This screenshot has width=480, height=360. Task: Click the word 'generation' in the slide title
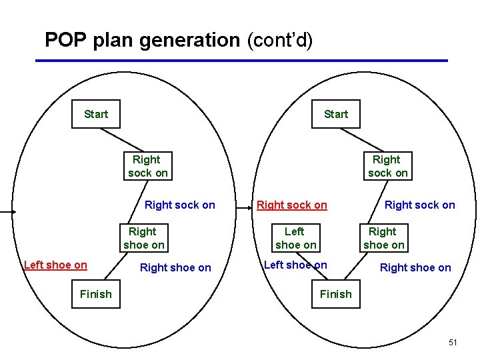tap(188, 40)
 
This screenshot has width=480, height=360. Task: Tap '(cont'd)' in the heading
tap(279, 40)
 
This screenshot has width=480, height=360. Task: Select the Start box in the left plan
tap(96, 114)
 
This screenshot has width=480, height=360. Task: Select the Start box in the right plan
tap(336, 114)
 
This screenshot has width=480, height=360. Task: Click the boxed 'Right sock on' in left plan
tap(147, 166)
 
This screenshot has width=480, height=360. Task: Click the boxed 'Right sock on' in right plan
tap(387, 166)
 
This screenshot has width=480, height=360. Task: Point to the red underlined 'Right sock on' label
tap(292, 205)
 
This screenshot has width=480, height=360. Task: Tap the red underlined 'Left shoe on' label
tap(55, 265)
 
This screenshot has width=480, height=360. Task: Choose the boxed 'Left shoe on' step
tap(295, 238)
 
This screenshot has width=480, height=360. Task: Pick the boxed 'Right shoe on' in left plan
tap(143, 238)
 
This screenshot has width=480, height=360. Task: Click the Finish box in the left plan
tap(96, 294)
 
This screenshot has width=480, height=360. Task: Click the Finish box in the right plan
tap(336, 294)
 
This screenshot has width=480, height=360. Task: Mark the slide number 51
tap(453, 342)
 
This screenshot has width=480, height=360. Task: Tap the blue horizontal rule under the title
tap(240, 61)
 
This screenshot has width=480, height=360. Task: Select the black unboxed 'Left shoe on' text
tap(295, 265)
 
